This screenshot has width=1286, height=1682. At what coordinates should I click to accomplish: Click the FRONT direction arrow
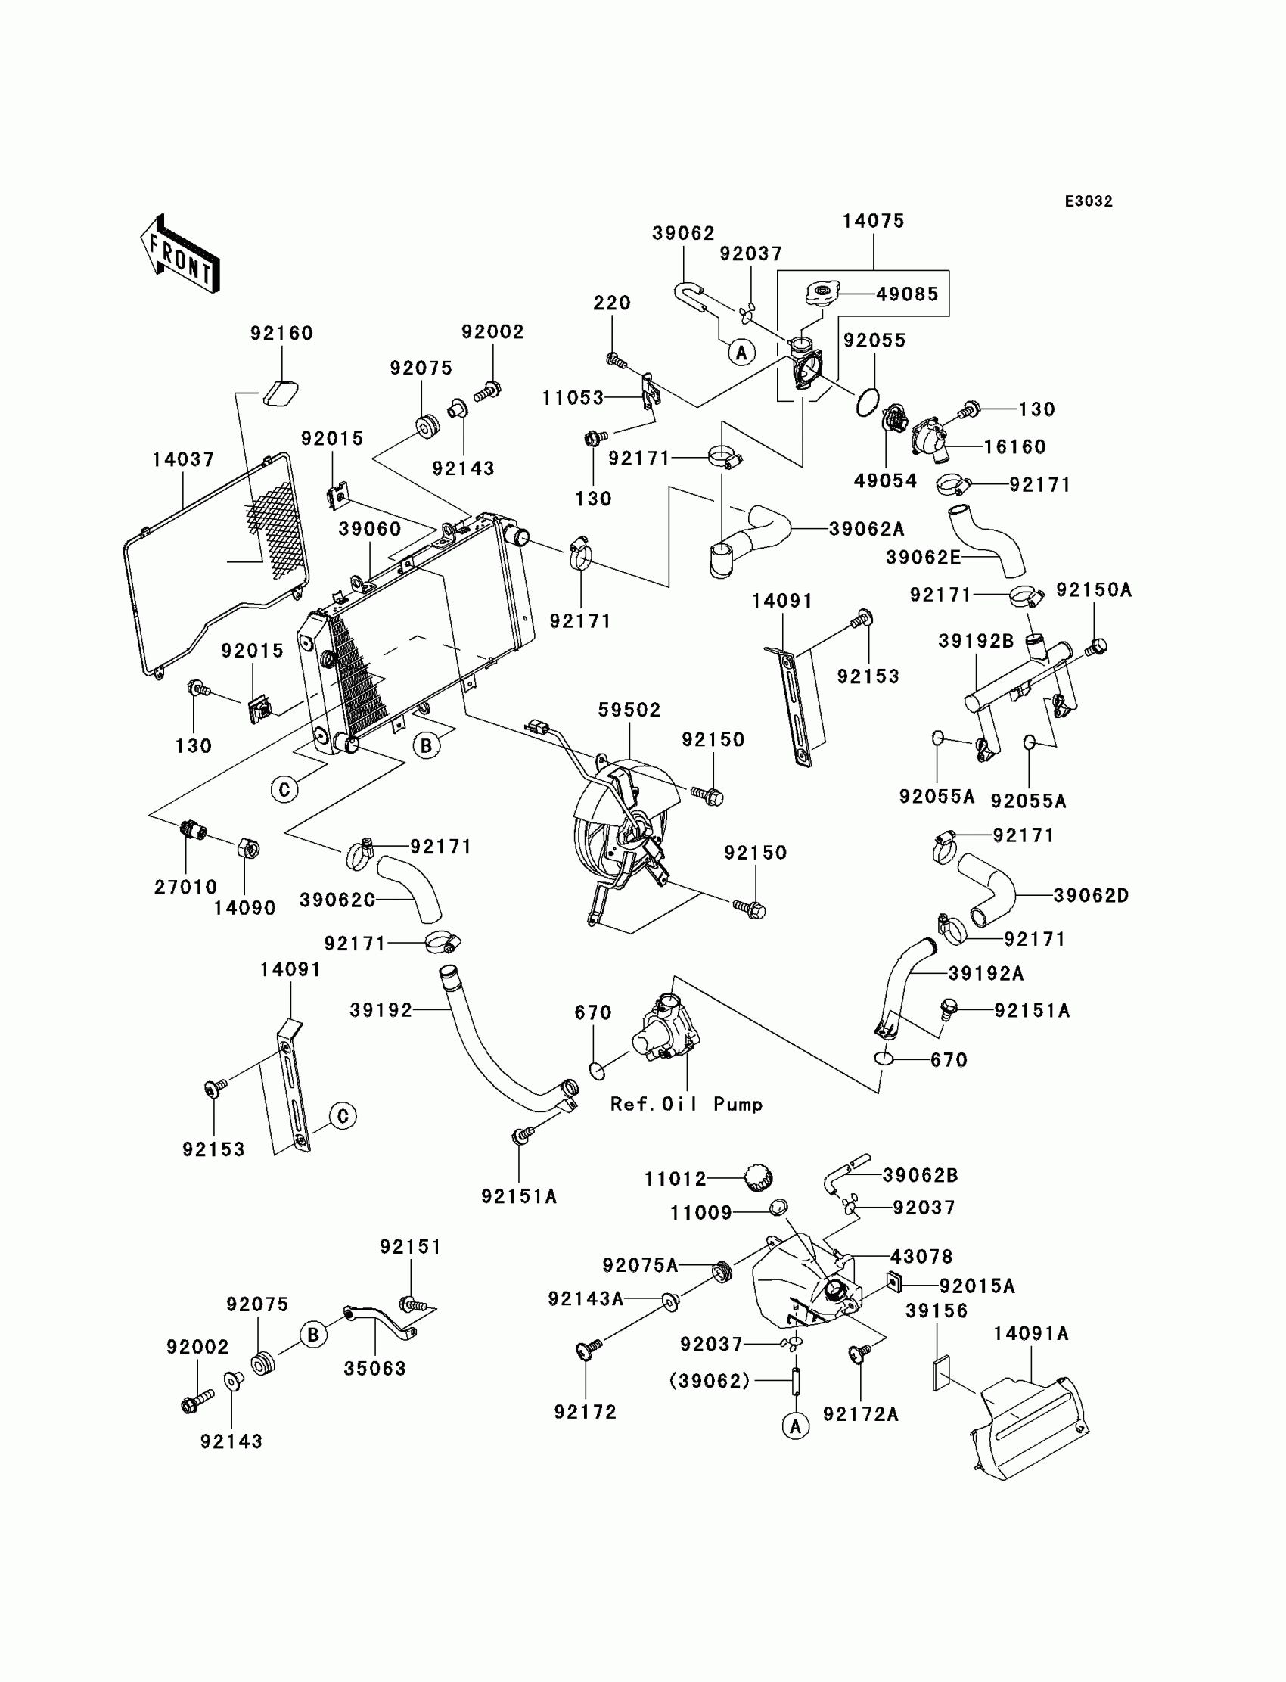coord(180,254)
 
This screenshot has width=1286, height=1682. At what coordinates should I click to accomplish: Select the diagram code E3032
coord(1089,201)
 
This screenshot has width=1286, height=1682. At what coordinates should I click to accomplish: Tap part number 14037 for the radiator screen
coord(183,459)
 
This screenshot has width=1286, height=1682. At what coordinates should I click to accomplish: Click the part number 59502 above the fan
coord(629,710)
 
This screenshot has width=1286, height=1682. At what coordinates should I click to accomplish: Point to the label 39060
coord(371,529)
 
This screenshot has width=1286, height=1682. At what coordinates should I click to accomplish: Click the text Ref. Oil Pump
coord(687,1104)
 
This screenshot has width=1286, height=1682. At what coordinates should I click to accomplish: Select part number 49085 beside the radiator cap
coord(907,294)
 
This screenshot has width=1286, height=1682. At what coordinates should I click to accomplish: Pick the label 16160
coord(1015,446)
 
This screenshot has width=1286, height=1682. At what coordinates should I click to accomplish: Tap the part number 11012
coord(675,1179)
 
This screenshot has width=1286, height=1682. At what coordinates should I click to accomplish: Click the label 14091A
coord(1031,1333)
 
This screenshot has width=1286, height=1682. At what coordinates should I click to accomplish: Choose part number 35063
coord(374,1368)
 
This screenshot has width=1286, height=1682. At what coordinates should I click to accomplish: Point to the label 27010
coord(186,887)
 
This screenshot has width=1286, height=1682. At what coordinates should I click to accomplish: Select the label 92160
coord(281,333)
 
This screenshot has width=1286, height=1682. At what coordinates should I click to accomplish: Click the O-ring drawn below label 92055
coord(865,403)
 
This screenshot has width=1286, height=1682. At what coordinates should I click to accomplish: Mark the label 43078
coord(921,1256)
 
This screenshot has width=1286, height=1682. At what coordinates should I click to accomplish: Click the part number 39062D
coord(1092,895)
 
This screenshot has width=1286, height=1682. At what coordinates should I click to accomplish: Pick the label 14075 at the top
coord(874,221)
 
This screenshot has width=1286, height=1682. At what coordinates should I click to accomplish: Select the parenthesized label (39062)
coord(710,1380)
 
